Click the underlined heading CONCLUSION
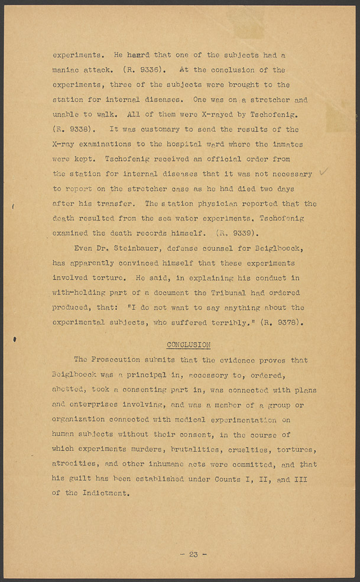pyautogui.click(x=189, y=345)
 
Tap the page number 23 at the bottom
pyautogui.click(x=193, y=554)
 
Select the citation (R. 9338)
pyautogui.click(x=72, y=130)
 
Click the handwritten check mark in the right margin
pyautogui.click(x=323, y=172)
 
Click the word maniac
pyautogui.click(x=69, y=70)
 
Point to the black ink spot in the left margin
pyautogui.click(x=14, y=339)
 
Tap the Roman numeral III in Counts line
pyautogui.click(x=300, y=478)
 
